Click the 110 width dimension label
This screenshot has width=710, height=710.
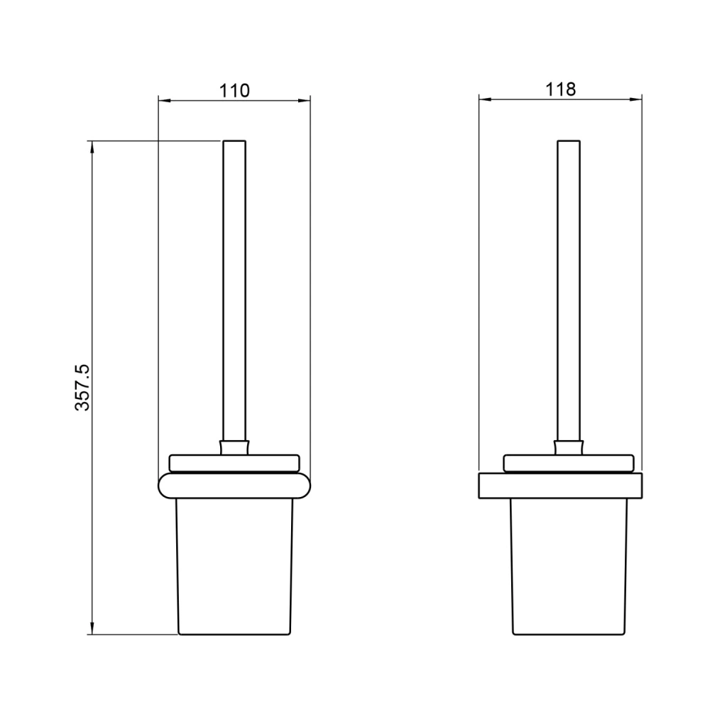(234, 91)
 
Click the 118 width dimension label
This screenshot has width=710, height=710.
(561, 89)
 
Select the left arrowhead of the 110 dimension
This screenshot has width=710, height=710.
(165, 101)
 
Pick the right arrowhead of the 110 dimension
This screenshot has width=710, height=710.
(305, 101)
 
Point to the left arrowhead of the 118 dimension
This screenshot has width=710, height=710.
(486, 99)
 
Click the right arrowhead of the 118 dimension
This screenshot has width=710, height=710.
(635, 99)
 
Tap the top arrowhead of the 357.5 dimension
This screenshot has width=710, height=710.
(92, 148)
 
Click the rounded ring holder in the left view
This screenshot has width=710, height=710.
(234, 486)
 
